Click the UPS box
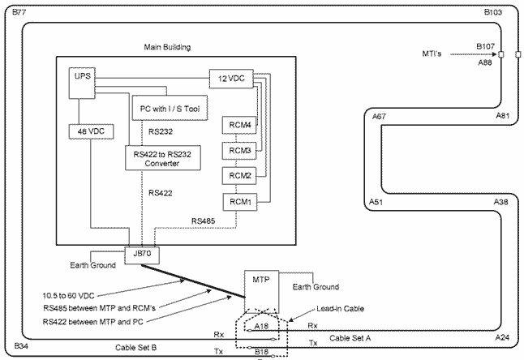click(82, 77)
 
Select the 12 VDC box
click(231, 79)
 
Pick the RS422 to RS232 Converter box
click(162, 157)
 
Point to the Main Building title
click(167, 47)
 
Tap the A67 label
click(379, 118)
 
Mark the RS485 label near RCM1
click(203, 221)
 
